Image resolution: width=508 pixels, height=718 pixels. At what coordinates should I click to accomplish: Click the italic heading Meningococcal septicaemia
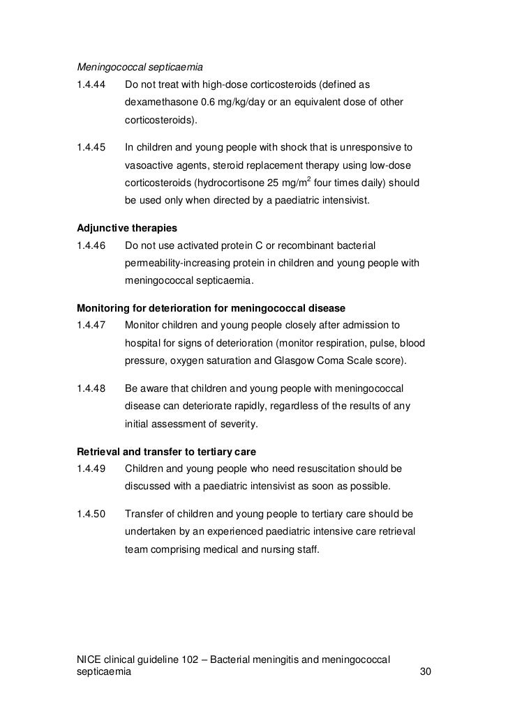click(x=140, y=68)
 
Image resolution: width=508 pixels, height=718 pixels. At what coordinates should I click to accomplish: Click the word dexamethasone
click(x=160, y=103)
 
